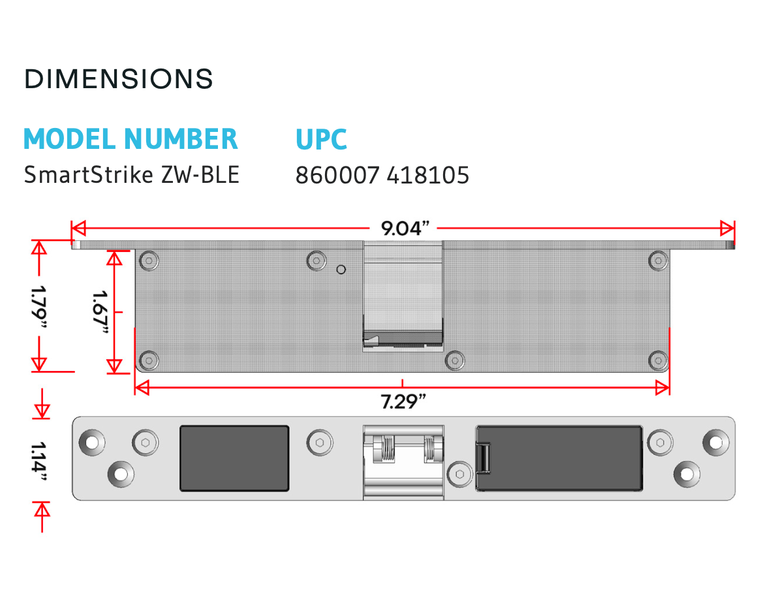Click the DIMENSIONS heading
(119, 79)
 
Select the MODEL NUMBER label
(131, 139)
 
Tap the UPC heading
(321, 139)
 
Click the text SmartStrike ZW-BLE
(132, 175)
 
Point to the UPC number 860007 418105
(382, 175)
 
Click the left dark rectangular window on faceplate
(234, 458)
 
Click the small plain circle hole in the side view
(341, 269)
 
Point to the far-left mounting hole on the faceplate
(91, 442)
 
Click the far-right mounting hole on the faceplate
(716, 442)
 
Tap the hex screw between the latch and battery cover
(460, 473)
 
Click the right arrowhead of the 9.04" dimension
(728, 229)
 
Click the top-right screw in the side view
(658, 261)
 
